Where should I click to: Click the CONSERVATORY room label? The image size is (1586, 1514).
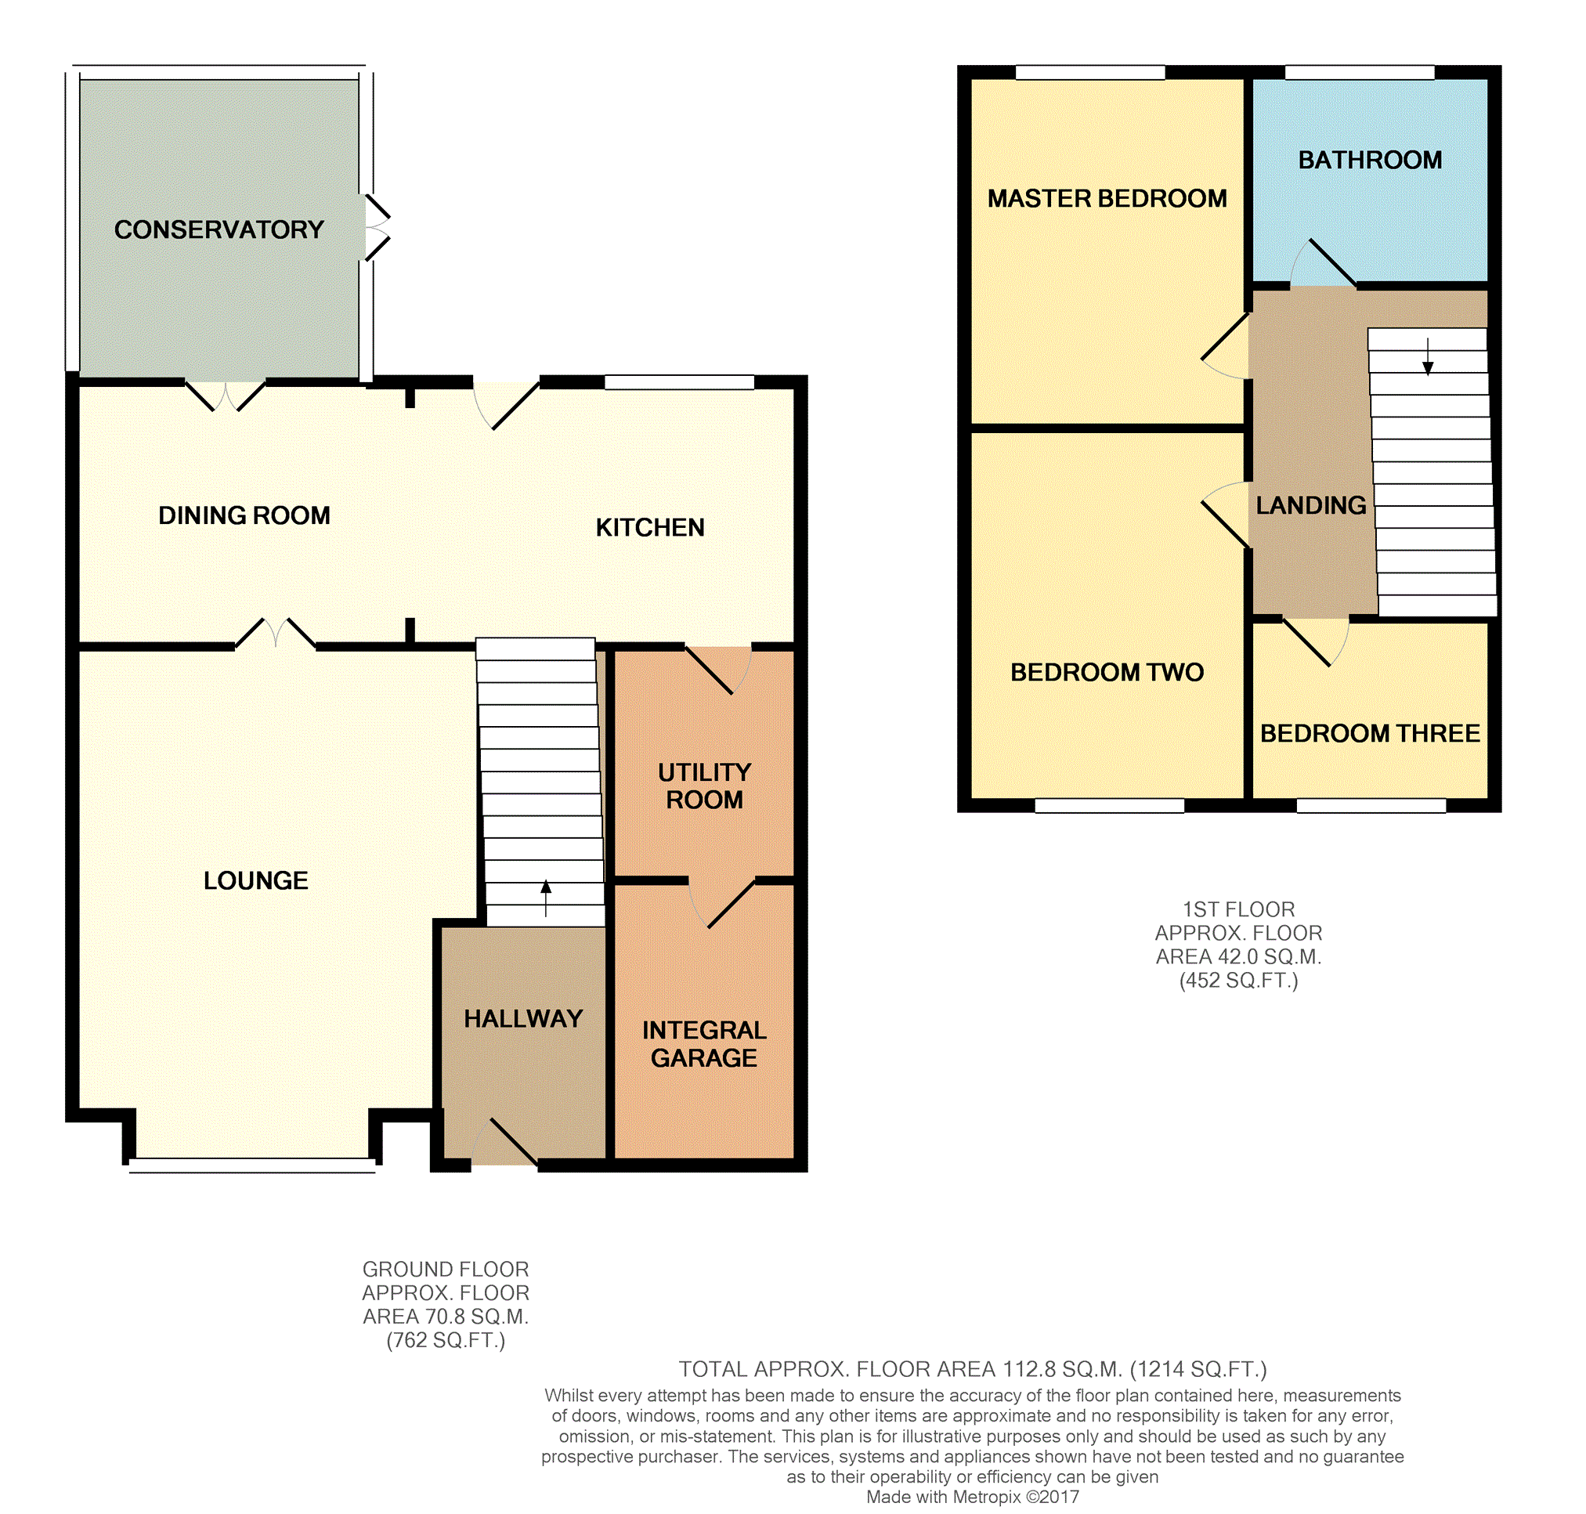(x=219, y=230)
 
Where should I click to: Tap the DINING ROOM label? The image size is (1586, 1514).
(x=244, y=515)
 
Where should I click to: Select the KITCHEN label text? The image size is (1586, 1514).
(x=650, y=528)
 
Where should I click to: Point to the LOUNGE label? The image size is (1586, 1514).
(x=256, y=880)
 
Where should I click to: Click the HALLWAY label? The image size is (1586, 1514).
(x=523, y=1018)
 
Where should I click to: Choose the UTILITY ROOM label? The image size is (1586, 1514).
(x=705, y=786)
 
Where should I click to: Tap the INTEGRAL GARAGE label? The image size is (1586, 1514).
(x=705, y=1043)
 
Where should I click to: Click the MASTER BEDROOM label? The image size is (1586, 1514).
(x=1107, y=198)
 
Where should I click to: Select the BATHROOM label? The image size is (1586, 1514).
(x=1370, y=160)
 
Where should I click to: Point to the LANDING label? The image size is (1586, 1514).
(x=1311, y=505)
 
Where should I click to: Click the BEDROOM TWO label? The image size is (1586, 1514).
(x=1107, y=672)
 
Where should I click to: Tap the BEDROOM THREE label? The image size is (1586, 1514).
(x=1370, y=734)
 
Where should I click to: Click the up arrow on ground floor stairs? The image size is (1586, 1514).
(x=546, y=898)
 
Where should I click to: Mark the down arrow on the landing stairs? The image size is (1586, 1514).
(x=1428, y=356)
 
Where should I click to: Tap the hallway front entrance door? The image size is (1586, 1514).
(x=504, y=1141)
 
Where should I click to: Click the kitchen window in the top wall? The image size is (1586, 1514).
(x=680, y=381)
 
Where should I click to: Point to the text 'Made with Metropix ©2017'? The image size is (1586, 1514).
(x=973, y=1497)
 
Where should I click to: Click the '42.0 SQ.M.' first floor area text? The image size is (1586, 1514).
(x=1238, y=957)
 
